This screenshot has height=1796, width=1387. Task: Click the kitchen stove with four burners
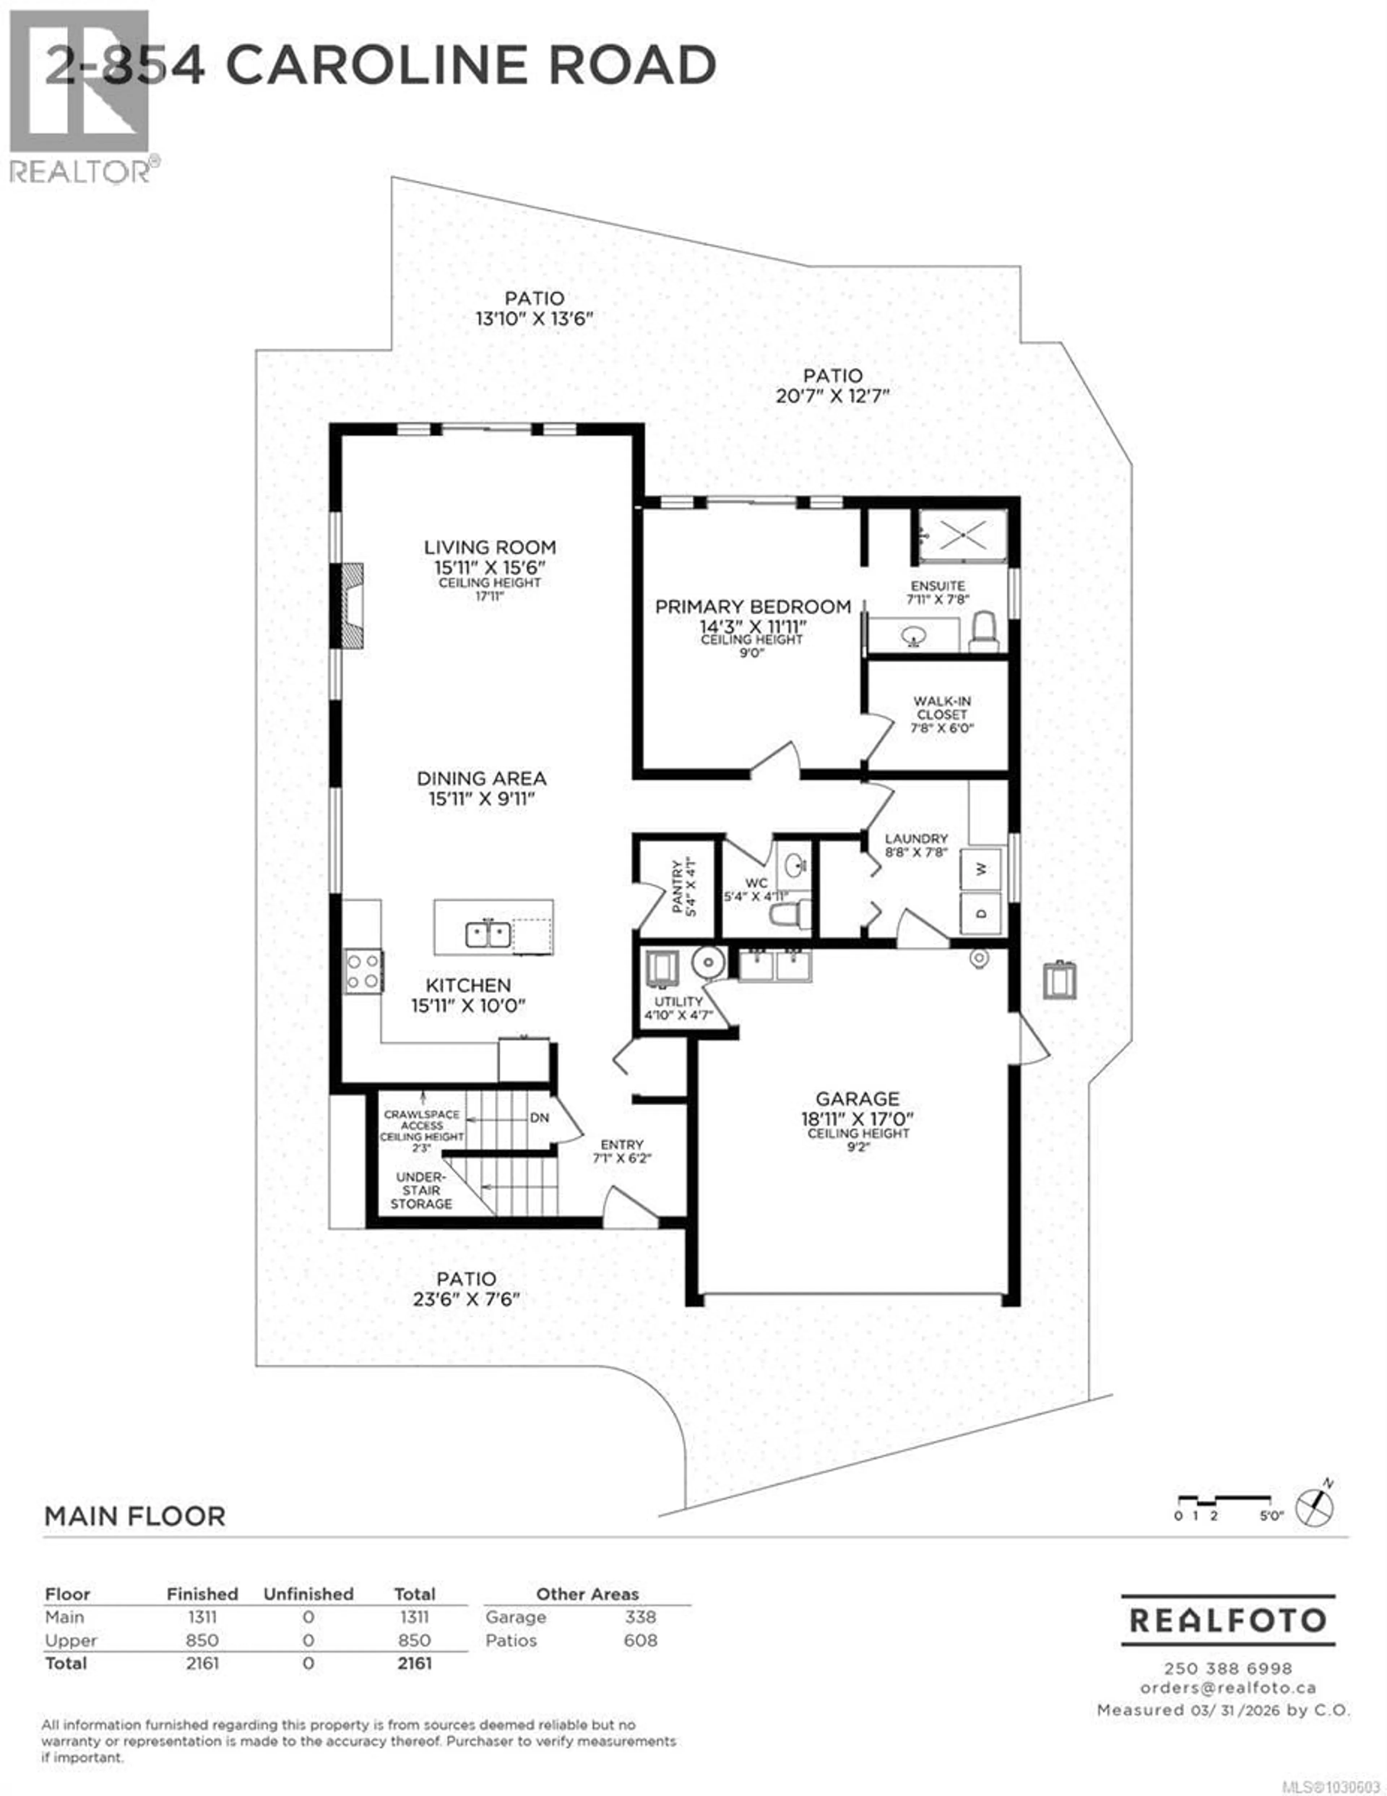coord(363,971)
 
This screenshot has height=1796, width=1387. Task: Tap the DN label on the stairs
coord(539,1117)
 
